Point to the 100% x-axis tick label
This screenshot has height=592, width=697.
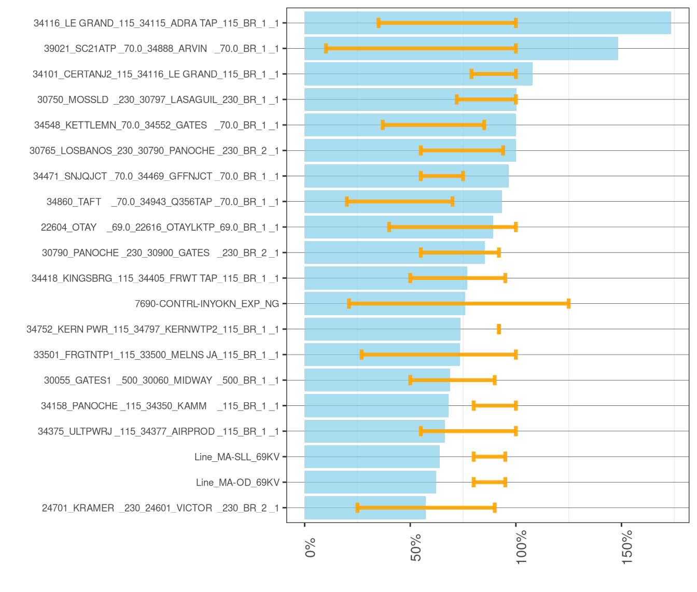[522, 546]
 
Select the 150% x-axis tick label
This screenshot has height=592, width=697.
[628, 546]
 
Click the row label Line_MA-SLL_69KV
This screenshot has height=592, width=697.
[236, 457]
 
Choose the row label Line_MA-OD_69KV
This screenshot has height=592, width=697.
[238, 483]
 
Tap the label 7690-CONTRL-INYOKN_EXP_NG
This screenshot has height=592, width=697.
[207, 304]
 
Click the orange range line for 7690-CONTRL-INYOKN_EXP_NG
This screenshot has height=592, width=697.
[458, 304]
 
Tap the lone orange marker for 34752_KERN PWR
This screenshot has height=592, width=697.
[499, 329]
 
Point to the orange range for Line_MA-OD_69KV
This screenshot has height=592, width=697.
[490, 483]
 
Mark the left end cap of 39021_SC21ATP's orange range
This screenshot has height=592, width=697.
[326, 48]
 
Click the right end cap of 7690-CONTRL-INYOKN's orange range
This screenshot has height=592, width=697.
[569, 304]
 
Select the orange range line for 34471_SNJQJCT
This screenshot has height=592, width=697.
[442, 176]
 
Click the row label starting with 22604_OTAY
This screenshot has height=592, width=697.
[160, 227]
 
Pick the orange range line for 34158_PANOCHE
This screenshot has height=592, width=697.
[495, 406]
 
